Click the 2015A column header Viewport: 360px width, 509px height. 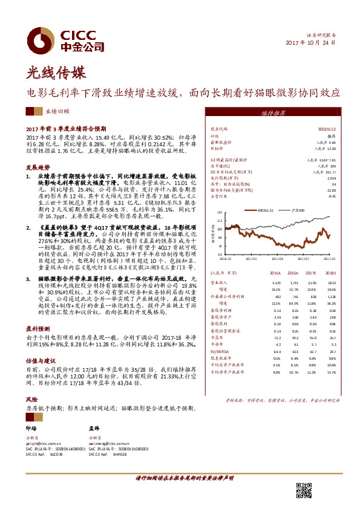pos(277,273)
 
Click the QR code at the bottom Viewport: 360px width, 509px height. pos(304,490)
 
